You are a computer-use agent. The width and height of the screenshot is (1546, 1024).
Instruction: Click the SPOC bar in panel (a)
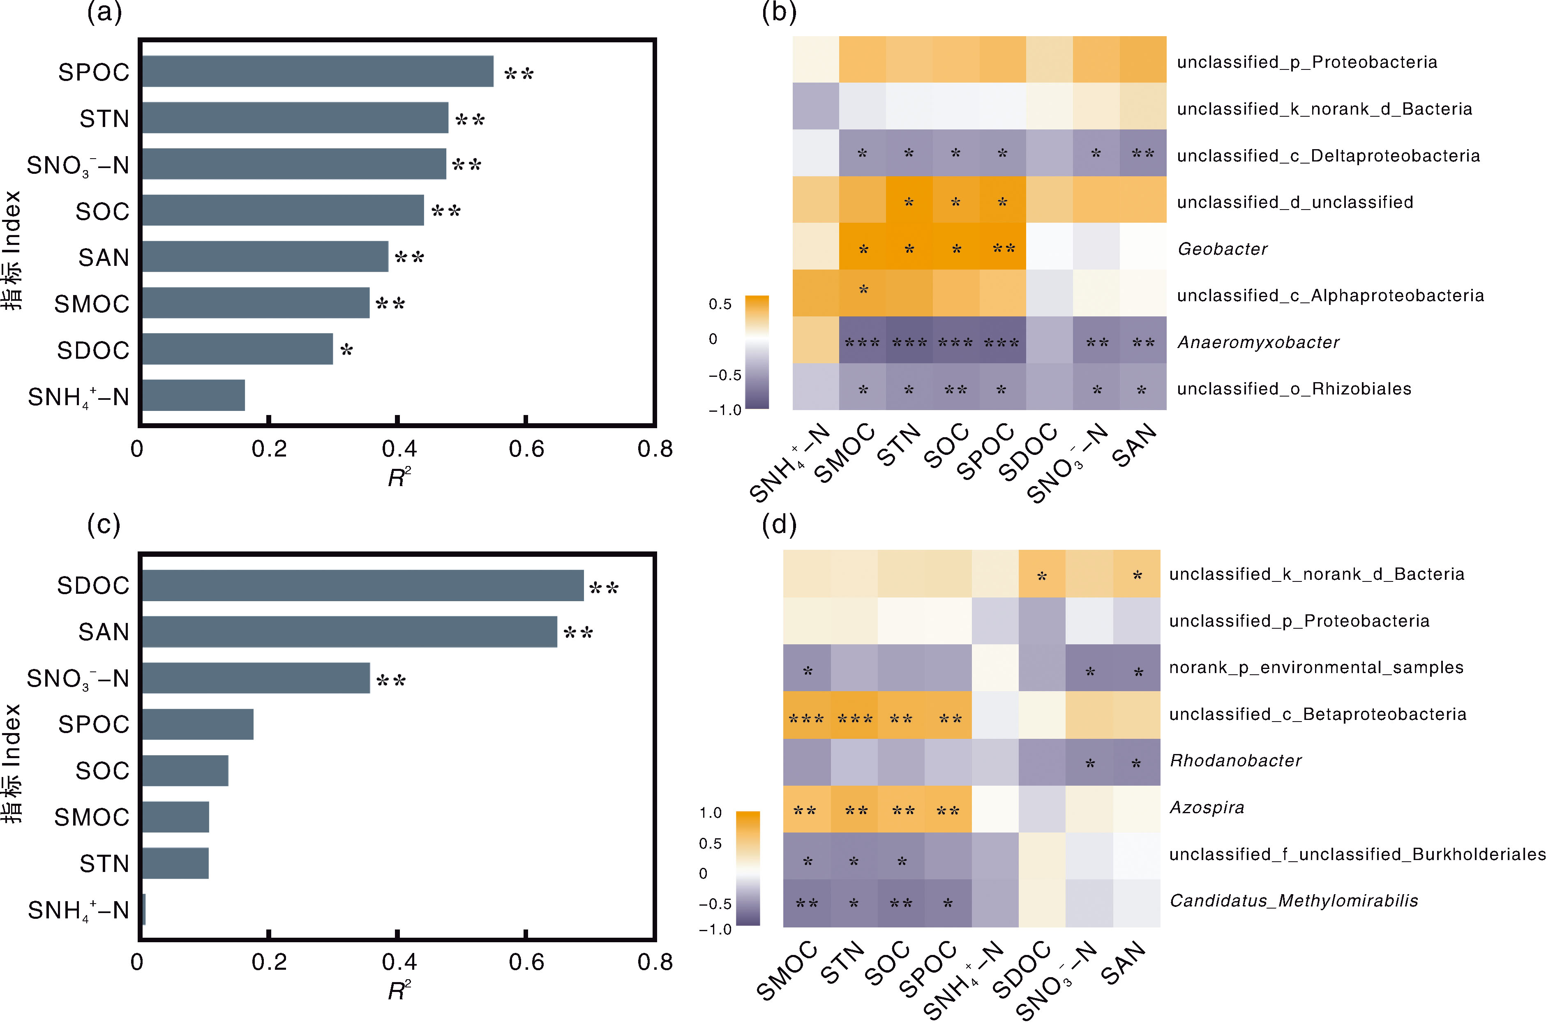(x=317, y=71)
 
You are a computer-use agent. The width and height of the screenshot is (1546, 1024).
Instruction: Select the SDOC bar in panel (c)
(x=362, y=585)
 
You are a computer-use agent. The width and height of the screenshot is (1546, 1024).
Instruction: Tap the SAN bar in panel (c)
(x=349, y=632)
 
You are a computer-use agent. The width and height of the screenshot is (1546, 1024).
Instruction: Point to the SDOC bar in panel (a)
(x=237, y=349)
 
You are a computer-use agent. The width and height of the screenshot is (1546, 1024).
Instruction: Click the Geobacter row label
(x=1222, y=249)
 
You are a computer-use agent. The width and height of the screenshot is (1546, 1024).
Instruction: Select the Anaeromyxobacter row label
(x=1258, y=342)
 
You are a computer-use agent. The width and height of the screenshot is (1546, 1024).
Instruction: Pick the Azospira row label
(x=1207, y=807)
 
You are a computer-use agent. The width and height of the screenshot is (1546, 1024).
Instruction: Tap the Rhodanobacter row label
(x=1235, y=761)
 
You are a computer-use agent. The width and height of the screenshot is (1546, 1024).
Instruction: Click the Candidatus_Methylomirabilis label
(x=1293, y=901)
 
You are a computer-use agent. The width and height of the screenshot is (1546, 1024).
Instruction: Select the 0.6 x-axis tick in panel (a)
(x=526, y=449)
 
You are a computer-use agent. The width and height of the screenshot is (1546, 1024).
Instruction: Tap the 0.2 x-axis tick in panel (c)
(x=269, y=962)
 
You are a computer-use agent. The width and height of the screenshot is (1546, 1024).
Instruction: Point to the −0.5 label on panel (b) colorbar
(x=725, y=375)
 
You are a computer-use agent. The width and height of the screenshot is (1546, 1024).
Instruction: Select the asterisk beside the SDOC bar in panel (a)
(x=347, y=350)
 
